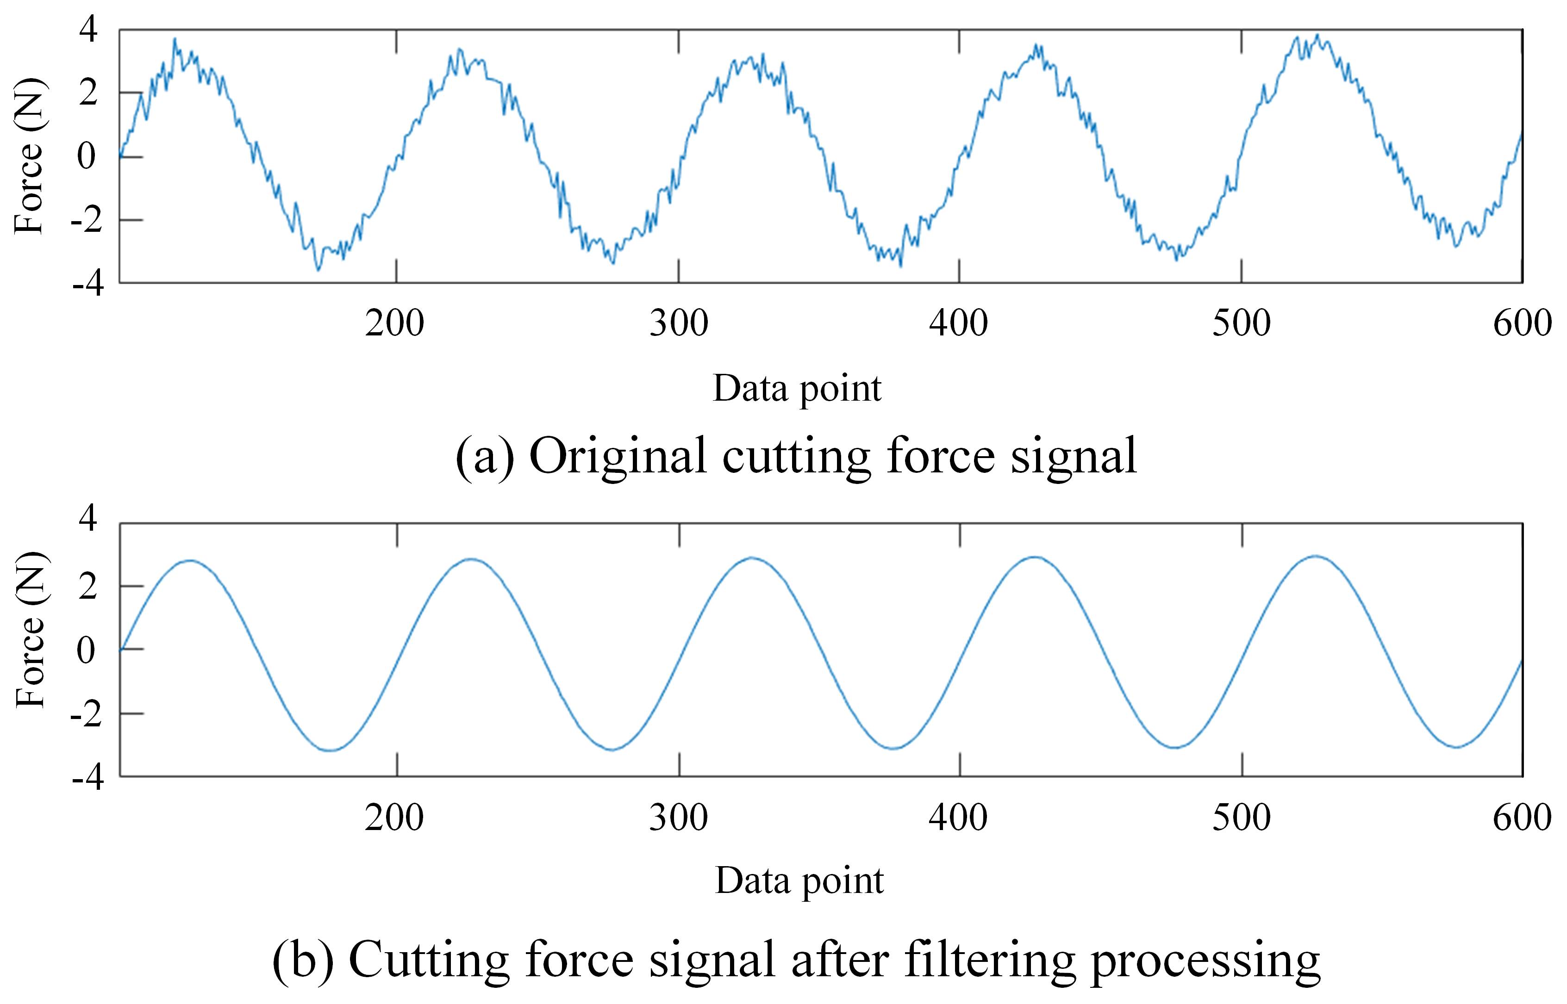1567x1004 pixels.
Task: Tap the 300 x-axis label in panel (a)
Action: pyautogui.click(x=678, y=324)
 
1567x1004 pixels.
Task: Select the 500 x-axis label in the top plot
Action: pyautogui.click(x=1241, y=324)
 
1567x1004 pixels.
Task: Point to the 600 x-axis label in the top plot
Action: pyautogui.click(x=1522, y=324)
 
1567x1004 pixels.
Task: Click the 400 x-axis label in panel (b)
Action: pyautogui.click(x=959, y=818)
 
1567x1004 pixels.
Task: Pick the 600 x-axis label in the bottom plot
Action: pyautogui.click(x=1522, y=818)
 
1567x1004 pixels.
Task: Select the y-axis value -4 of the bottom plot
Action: pyautogui.click(x=88, y=778)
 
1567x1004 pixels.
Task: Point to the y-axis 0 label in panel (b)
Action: pyautogui.click(x=86, y=651)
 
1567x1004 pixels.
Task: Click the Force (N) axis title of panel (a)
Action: pyautogui.click(x=29, y=156)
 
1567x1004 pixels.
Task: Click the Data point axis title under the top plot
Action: pyautogui.click(x=797, y=389)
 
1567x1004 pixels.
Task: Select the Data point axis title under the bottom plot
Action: pyautogui.click(x=799, y=881)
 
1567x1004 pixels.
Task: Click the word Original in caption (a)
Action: pyautogui.click(x=618, y=456)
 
